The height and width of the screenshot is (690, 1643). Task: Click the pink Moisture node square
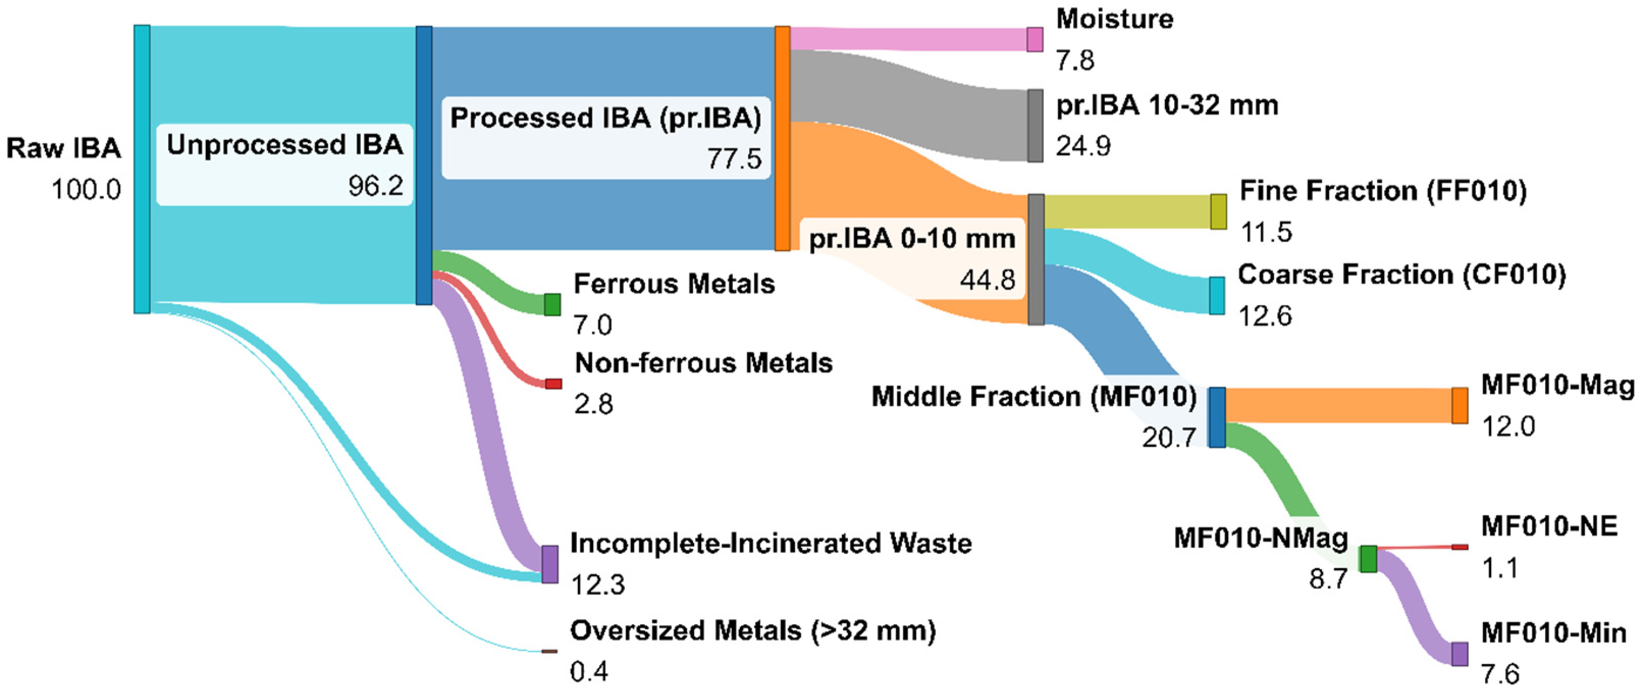tap(1035, 40)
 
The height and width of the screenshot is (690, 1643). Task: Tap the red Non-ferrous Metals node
tap(553, 383)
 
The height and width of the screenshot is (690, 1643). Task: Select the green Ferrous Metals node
tap(552, 305)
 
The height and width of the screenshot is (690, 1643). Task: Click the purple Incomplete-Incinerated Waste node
tap(550, 564)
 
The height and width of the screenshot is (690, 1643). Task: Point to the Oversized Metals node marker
tap(549, 651)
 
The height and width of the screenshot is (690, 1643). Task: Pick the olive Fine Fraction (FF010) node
tap(1218, 211)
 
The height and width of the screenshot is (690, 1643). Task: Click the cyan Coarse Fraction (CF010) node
tap(1217, 295)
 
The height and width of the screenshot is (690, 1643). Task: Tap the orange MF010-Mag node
tap(1460, 406)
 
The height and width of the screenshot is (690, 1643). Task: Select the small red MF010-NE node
tap(1460, 546)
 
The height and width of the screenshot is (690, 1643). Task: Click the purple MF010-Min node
tap(1460, 654)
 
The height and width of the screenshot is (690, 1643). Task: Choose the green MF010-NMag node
tap(1368, 559)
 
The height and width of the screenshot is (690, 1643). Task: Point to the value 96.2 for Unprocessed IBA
tap(376, 185)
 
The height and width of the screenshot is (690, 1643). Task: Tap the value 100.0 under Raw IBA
tap(86, 190)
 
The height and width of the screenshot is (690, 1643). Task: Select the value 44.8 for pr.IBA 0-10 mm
tap(987, 279)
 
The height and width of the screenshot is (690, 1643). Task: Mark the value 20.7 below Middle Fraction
tap(1169, 437)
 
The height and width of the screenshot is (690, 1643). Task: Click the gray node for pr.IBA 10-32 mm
tap(1035, 126)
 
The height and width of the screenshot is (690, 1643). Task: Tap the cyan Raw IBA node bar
tap(142, 169)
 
